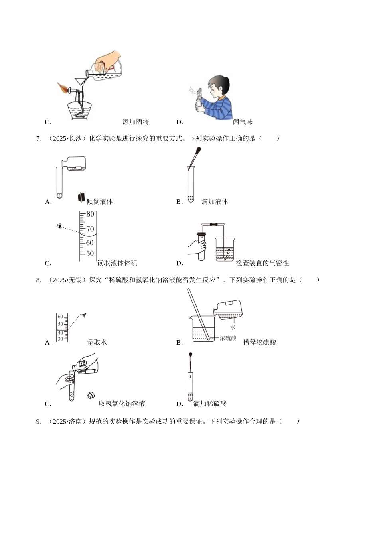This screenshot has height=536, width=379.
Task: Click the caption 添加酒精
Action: [136, 122]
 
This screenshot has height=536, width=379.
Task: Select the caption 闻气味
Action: [243, 122]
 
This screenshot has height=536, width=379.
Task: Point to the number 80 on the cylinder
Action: [90, 214]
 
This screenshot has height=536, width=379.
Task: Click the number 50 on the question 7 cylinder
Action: [90, 253]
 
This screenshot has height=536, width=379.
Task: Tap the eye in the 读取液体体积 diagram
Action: [59, 226]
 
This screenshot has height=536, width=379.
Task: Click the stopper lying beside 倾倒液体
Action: [81, 197]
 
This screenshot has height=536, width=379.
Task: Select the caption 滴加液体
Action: [215, 202]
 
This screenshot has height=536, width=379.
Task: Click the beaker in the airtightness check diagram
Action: [225, 250]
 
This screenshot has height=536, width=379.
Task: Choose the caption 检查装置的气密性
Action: [262, 263]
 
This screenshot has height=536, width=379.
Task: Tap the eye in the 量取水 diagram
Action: [84, 315]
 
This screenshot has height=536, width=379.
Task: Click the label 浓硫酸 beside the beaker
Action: [228, 338]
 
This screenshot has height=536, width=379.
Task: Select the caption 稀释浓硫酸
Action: [259, 342]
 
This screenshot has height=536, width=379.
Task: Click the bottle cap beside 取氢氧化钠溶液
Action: [91, 395]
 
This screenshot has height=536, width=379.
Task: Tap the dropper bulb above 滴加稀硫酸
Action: [190, 355]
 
